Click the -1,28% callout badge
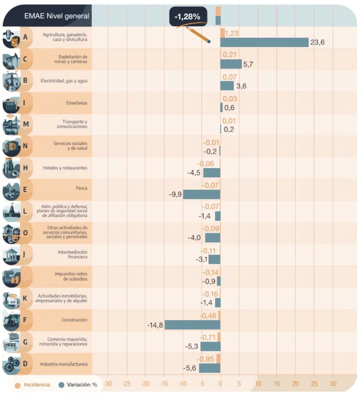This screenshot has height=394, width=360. click(188, 16)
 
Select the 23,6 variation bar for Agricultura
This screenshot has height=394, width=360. click(264, 42)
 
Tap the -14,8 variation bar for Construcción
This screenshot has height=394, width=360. click(192, 325)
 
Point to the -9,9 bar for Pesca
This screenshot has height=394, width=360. click(201, 194)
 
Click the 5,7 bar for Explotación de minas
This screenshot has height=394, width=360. click(231, 64)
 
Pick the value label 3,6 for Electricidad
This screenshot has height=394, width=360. click(242, 86)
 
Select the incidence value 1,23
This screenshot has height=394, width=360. click(232, 33)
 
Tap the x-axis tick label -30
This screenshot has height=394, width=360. click(108, 384)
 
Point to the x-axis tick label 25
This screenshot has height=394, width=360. click(314, 384)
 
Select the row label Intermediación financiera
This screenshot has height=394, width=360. click(72, 255)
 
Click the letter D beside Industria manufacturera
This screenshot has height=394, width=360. click(26, 364)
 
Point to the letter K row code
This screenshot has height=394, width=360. click(26, 298)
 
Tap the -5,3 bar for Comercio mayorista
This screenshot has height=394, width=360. click(210, 347)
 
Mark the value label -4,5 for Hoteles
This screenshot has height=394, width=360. click(194, 173)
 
